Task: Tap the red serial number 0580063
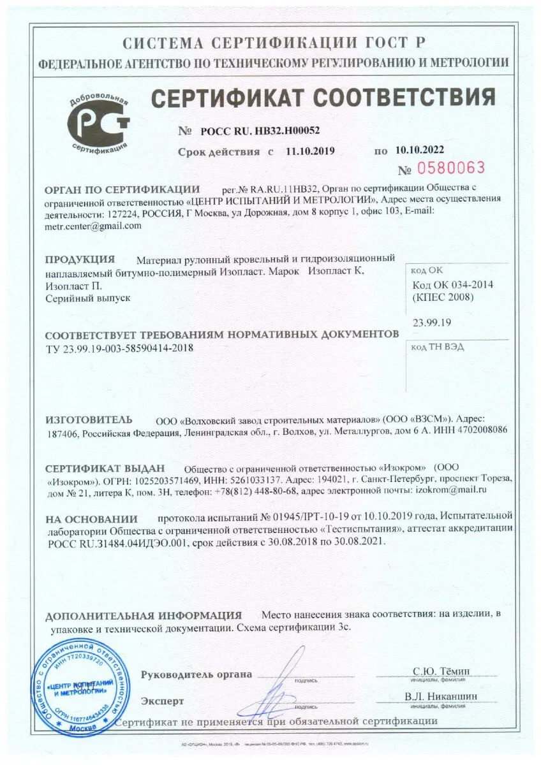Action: (x=450, y=168)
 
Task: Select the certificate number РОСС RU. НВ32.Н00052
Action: (x=260, y=130)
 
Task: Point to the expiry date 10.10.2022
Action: (x=419, y=150)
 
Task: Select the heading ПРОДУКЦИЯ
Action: (x=80, y=259)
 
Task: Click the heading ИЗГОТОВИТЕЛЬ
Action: (x=89, y=419)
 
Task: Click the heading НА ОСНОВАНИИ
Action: (x=91, y=519)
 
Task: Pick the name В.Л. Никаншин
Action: (x=440, y=697)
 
